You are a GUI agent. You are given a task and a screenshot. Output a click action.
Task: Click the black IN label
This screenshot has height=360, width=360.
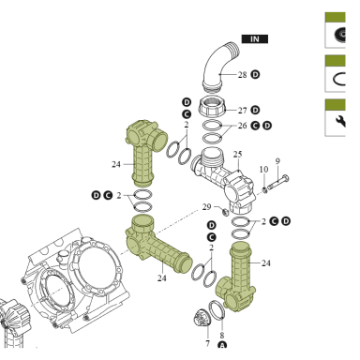[255, 39]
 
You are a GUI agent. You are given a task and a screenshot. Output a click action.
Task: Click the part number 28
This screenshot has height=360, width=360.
[243, 75]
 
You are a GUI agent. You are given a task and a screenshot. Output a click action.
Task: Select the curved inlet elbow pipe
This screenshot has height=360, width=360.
[220, 67]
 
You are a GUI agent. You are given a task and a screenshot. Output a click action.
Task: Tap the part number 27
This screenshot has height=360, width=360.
[243, 111]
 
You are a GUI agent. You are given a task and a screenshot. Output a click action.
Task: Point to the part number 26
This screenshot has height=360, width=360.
[243, 126]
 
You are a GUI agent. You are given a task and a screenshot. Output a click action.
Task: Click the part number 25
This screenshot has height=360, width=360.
[237, 155]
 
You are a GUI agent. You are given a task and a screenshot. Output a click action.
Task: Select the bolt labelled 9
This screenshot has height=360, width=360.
[277, 182]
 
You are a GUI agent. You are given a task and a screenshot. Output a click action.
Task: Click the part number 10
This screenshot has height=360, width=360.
[263, 170]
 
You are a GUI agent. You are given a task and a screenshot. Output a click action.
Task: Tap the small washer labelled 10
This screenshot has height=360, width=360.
[264, 189]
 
